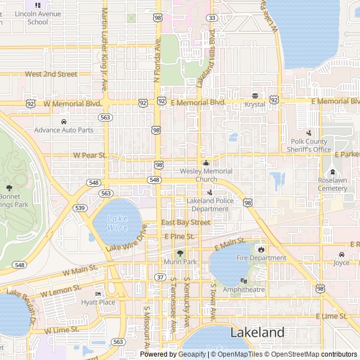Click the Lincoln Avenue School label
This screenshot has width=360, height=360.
38,17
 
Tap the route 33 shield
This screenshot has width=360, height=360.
212,18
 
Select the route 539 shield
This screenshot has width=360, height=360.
80,208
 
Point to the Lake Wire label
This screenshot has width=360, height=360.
118,223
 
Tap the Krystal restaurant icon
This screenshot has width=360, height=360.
255,96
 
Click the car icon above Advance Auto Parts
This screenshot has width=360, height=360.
64,121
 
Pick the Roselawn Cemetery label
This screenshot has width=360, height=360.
332,184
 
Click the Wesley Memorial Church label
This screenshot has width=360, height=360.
206,175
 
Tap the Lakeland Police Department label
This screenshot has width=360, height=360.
208,205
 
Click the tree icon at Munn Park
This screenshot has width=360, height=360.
180,254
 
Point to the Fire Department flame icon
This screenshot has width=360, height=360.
261,249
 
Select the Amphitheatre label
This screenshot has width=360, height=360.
244,290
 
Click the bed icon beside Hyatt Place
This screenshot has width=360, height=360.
98,294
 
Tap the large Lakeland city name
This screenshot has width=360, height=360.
258,332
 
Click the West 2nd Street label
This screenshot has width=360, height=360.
51,74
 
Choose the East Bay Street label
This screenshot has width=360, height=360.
186,222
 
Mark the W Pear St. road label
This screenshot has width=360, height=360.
89,155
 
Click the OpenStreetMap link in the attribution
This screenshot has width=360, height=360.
292,354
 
